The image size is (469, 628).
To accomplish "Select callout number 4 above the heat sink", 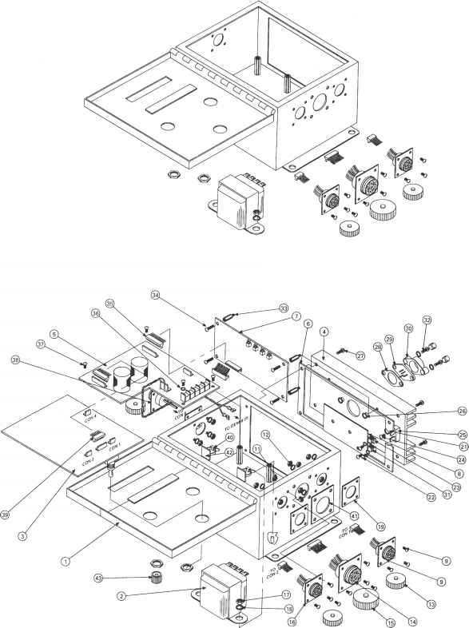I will (x=324, y=331).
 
